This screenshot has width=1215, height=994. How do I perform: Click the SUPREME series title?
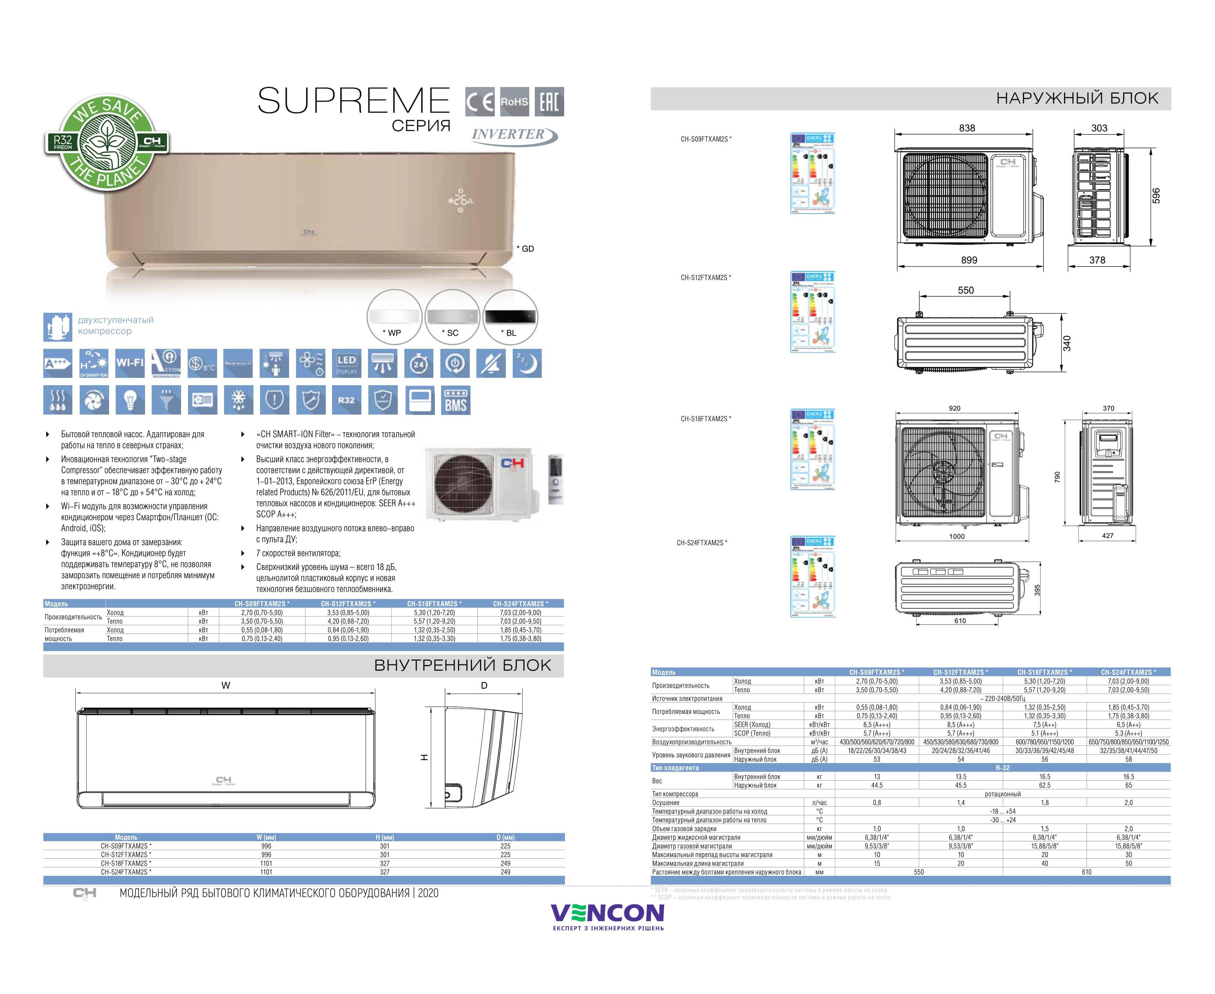(353, 101)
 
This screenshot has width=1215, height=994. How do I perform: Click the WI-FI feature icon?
(130, 363)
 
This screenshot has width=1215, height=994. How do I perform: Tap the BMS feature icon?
(456, 400)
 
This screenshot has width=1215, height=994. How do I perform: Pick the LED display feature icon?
(346, 363)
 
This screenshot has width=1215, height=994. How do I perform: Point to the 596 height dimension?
(1155, 195)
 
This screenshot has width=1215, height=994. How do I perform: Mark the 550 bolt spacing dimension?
(965, 290)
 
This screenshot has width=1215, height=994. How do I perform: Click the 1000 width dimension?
(957, 536)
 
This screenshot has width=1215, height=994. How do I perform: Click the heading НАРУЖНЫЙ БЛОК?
(1077, 98)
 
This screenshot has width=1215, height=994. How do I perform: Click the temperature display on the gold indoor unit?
(461, 201)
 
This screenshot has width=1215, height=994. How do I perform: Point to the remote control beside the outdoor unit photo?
(555, 479)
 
